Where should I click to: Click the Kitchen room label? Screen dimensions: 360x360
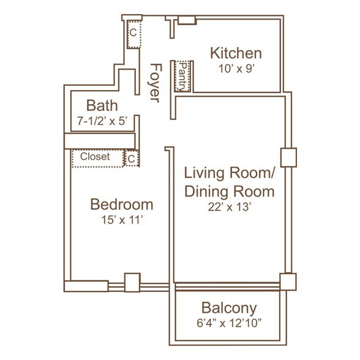click(236, 53)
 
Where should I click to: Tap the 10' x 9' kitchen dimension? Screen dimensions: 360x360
click(236, 69)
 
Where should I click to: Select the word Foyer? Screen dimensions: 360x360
click(156, 83)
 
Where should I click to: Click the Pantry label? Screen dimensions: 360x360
click(183, 77)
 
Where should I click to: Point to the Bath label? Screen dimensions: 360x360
click(102, 105)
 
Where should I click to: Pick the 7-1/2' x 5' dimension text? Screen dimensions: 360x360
click(102, 121)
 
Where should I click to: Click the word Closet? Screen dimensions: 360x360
click(95, 157)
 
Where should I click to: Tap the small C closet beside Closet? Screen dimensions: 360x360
click(131, 159)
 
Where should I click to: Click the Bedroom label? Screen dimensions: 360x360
click(122, 204)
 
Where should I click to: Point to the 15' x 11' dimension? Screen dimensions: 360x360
click(122, 220)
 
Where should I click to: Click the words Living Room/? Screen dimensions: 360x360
click(230, 173)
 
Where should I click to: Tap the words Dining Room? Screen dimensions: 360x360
click(230, 191)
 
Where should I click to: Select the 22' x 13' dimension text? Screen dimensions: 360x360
click(229, 207)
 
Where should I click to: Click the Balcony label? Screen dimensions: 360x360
click(229, 308)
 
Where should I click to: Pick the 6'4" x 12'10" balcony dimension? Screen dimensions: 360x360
click(229, 323)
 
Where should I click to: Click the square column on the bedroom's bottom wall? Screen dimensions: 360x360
click(132, 283)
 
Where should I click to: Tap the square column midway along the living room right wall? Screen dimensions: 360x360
click(288, 157)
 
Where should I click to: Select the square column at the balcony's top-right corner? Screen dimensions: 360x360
click(288, 282)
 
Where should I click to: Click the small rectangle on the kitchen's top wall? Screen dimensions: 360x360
click(187, 20)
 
